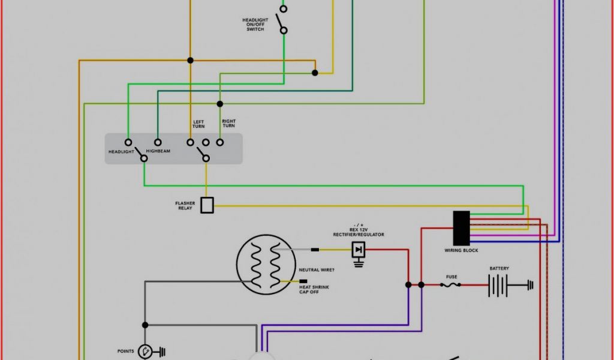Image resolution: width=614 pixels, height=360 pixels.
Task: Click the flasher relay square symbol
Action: tap(207, 205)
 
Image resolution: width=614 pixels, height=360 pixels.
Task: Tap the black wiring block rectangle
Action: tap(461, 227)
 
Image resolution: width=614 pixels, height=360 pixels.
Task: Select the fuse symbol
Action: tap(451, 285)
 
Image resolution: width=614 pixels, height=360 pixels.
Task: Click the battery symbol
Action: tap(498, 285)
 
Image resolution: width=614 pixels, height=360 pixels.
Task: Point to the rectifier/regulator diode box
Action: tap(359, 249)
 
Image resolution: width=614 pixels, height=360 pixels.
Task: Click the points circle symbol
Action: tap(145, 352)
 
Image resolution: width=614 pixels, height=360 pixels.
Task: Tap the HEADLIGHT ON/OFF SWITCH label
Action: tap(255, 25)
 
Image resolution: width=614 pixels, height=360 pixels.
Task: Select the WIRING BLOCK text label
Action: tap(461, 250)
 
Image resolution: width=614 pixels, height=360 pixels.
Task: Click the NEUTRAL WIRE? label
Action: tap(317, 270)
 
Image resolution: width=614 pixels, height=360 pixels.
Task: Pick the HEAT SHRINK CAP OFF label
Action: tap(314, 289)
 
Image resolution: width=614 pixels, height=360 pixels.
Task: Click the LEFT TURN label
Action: tap(198, 124)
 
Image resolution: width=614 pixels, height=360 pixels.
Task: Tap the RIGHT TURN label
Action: tap(228, 124)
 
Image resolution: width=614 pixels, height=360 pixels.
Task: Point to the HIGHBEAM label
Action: tap(158, 151)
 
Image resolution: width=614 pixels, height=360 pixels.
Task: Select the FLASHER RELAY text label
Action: tap(185, 206)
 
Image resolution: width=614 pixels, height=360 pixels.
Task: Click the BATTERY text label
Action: tap(499, 268)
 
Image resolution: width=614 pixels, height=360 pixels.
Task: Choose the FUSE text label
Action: tap(452, 277)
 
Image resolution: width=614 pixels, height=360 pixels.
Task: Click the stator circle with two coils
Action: tap(266, 265)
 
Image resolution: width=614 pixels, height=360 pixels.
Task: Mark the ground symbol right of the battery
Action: tap(529, 285)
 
